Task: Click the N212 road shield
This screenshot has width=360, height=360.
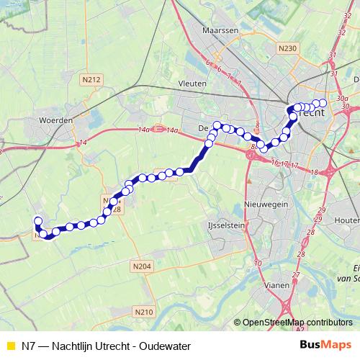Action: (x=91, y=79)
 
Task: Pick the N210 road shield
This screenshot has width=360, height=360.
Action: (x=144, y=312)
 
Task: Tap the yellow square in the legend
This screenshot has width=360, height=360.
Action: (x=9, y=346)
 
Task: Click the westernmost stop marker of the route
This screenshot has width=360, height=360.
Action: (x=38, y=222)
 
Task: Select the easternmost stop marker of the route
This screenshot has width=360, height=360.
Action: (x=323, y=104)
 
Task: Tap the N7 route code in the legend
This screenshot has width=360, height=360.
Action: (x=29, y=346)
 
